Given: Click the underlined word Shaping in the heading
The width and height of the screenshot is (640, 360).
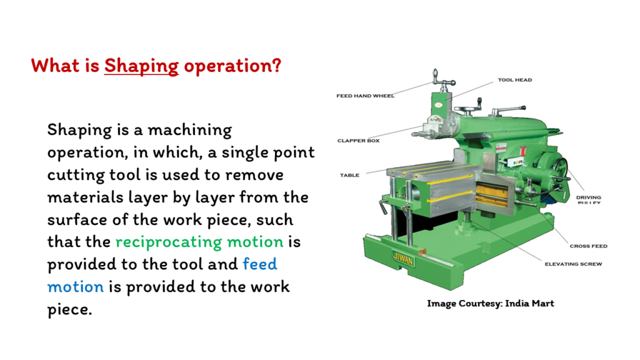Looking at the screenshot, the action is point(141,66).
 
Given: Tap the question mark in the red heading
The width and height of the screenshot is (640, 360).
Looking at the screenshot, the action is point(276,65).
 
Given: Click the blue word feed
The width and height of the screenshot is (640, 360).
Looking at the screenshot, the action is point(260,264).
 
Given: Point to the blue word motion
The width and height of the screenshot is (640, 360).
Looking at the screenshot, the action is point(76,286).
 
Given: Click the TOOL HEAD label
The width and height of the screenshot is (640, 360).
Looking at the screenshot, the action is point(515,80).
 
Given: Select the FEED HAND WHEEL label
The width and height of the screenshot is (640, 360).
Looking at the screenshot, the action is point(365,96).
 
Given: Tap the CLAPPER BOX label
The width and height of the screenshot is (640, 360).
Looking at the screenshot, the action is point(358,141).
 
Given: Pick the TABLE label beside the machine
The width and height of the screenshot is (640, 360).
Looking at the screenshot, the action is point(350,176).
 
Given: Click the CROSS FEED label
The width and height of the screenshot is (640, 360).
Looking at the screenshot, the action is point(589,246).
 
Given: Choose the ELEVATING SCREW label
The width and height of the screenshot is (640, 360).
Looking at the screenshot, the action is point(574,264).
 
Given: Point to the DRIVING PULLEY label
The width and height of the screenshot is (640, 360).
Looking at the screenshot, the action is point(589,199).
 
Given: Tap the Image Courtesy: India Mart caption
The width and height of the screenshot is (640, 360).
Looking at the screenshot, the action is point(491,304).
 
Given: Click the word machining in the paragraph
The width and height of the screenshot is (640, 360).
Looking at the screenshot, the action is point(190,130).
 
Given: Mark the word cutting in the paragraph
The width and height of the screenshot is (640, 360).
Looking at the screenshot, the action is point(76,176).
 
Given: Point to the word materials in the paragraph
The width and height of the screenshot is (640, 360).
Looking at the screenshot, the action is point(85,197).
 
